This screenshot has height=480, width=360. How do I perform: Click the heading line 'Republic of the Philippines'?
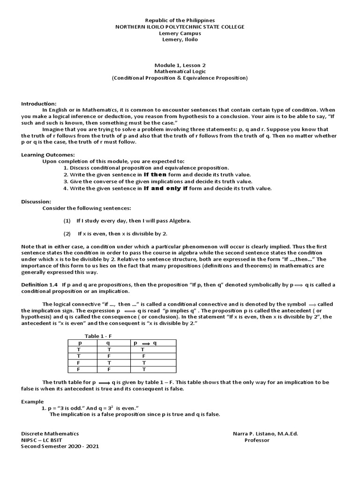point(180,21)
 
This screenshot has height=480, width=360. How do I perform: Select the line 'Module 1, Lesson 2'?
point(180,65)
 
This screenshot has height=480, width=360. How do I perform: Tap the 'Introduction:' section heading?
point(39,104)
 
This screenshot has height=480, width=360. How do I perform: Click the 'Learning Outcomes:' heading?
point(48,155)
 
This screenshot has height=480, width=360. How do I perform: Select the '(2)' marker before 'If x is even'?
point(67,233)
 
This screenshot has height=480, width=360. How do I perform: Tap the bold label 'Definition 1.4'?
point(39,285)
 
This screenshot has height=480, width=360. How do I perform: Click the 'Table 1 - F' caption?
point(98,336)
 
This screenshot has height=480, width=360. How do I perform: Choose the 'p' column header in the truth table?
point(79,343)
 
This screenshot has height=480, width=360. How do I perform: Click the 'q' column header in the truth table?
point(109,343)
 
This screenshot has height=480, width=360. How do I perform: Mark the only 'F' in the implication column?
point(144,356)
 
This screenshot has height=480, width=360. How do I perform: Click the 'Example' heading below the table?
point(32,402)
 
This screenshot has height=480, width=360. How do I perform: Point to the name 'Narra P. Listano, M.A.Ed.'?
point(265,434)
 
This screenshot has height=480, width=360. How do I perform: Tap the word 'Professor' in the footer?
point(257,440)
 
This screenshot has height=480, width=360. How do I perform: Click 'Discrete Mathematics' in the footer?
point(50,434)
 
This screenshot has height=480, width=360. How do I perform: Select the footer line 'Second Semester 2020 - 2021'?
point(60,447)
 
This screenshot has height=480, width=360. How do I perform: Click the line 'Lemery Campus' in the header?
point(180,33)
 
